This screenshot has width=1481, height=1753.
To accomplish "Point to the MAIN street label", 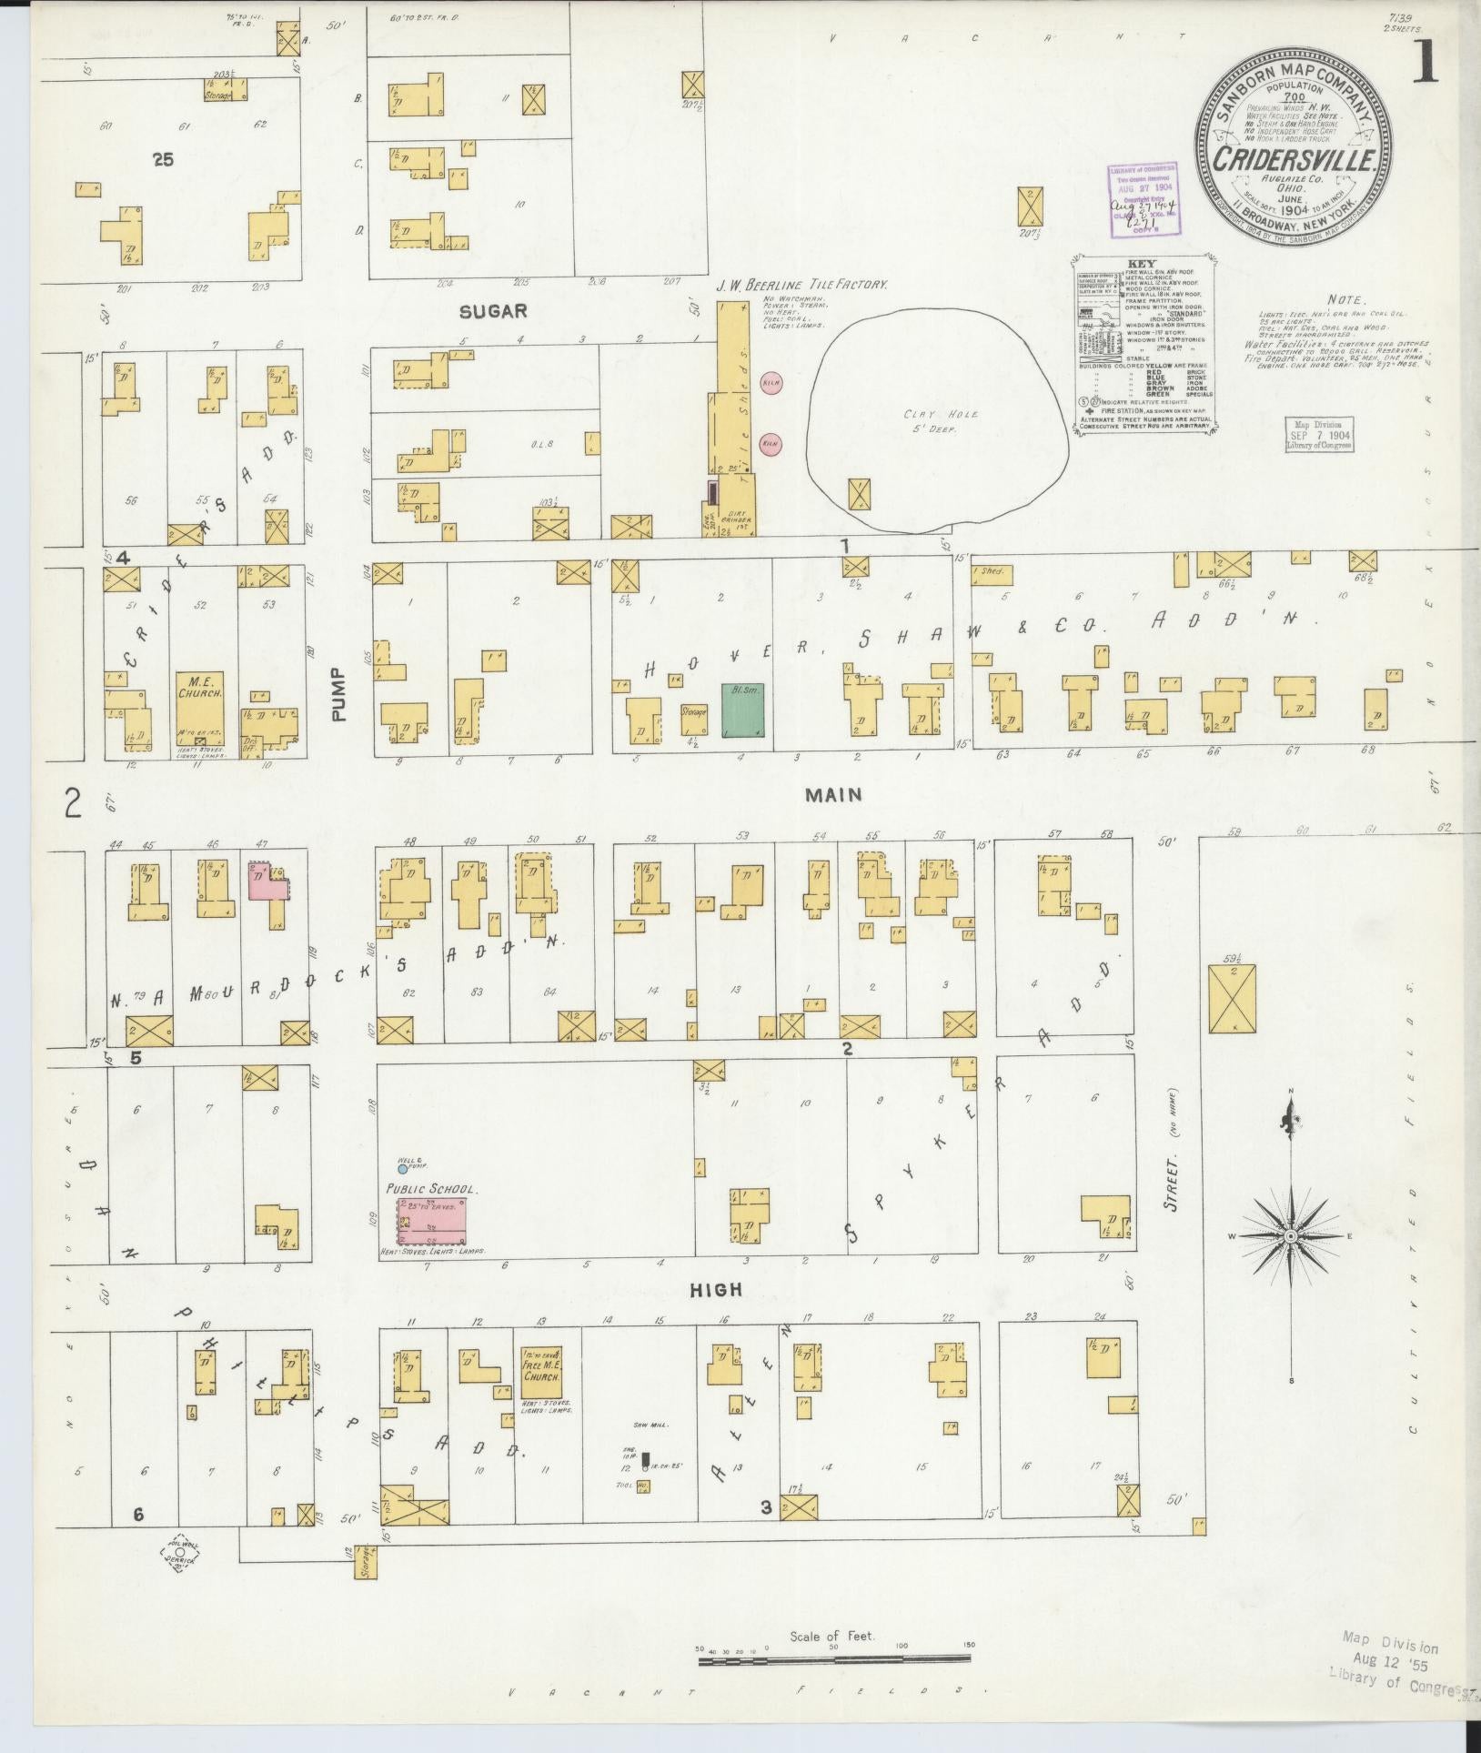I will click(x=832, y=795).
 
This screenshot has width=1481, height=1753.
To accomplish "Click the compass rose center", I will click(x=1290, y=1237).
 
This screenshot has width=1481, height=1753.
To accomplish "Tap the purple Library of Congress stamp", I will click(x=1142, y=200).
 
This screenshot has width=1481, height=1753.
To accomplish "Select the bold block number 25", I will click(x=163, y=159).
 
